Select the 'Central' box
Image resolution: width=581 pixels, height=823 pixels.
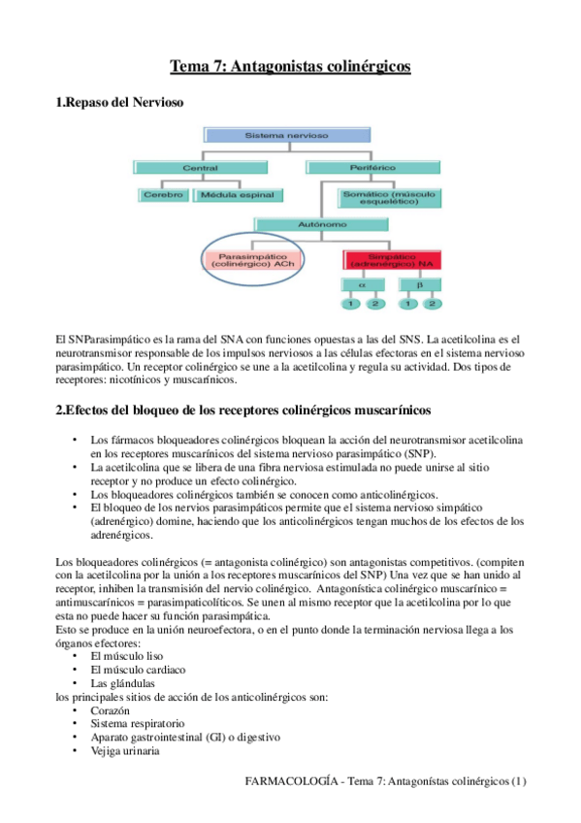(199, 168)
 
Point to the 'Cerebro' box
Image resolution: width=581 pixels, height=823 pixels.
(162, 195)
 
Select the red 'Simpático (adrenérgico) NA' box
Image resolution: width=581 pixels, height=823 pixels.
(391, 259)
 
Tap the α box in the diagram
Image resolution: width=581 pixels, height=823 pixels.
(361, 285)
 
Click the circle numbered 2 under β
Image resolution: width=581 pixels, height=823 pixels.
(432, 305)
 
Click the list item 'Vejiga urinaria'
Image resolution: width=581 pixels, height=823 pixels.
(121, 750)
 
